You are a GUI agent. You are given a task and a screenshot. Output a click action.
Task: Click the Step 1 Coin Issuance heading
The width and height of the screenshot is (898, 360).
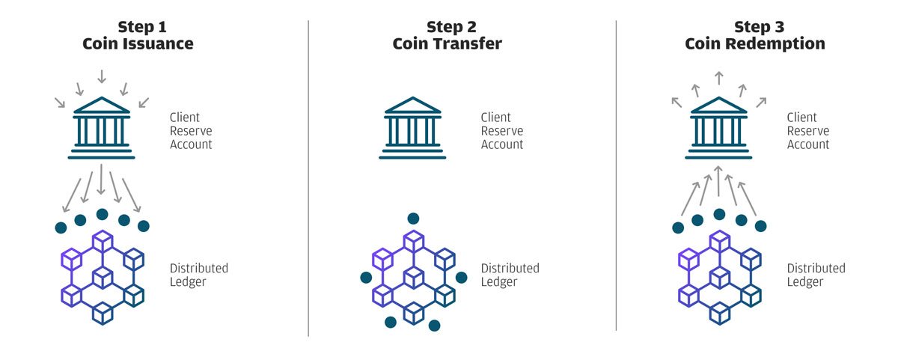coord(138,35)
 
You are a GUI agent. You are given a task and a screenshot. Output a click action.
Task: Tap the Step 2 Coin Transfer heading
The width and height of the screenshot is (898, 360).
coord(448,35)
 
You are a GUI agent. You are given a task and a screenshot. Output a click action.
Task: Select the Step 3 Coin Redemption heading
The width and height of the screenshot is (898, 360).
coord(755,35)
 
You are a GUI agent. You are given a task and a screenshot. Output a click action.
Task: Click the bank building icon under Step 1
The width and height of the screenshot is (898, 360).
coord(102,128)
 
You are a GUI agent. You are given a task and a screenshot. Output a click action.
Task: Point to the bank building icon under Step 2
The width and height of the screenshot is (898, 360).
coord(412,128)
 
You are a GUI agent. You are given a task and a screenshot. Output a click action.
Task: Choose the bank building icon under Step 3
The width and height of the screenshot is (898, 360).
coord(718,128)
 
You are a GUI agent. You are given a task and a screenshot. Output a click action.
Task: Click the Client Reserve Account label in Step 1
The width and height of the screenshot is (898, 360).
coord(191,131)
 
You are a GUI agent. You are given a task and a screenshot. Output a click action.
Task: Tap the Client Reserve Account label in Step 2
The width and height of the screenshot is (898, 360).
coord(502,131)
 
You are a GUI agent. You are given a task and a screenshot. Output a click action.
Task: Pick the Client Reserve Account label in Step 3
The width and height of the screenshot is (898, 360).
coord(807,131)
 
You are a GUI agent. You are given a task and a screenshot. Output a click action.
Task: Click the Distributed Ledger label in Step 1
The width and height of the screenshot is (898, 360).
coord(199,275)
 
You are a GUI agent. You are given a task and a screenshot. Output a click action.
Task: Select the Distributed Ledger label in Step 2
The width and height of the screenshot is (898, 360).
coord(510,275)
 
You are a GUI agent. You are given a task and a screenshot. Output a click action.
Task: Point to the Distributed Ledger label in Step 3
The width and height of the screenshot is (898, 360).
coord(816,275)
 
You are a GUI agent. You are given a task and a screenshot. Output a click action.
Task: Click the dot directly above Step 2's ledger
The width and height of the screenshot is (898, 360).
coord(413,219)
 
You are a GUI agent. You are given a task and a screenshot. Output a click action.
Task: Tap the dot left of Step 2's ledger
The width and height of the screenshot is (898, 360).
coord(366,278)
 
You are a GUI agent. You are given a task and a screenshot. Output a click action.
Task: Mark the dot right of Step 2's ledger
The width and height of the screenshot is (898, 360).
coord(462,278)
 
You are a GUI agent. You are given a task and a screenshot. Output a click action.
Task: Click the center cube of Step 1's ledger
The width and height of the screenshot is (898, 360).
coord(103,278)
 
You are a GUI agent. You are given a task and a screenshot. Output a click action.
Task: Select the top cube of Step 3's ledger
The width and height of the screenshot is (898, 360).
coord(720,241)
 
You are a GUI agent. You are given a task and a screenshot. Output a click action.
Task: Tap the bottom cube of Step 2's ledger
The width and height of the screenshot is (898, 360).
coord(414,314)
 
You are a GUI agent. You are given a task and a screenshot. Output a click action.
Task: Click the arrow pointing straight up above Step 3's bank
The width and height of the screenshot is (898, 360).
coord(719,78)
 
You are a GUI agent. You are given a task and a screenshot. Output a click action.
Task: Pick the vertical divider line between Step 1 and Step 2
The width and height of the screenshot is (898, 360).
coord(308,178)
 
